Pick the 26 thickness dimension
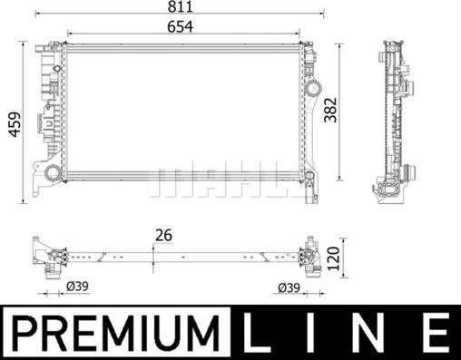[164, 236]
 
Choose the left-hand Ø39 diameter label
[77, 288]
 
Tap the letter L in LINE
[263, 333]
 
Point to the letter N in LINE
[372, 333]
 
